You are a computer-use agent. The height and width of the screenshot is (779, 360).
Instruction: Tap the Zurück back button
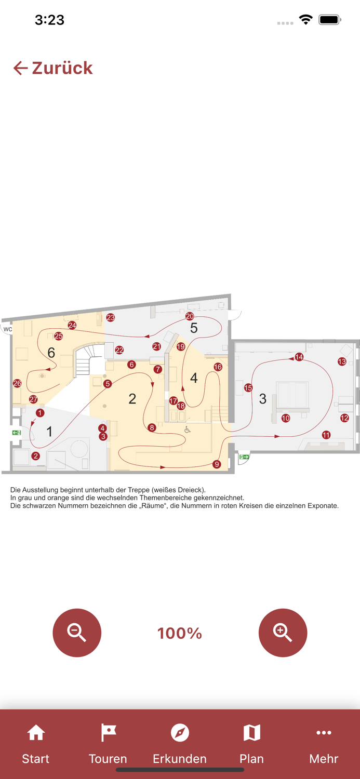pos(53,68)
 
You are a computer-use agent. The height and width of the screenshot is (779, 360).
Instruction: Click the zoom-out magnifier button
pos(77,633)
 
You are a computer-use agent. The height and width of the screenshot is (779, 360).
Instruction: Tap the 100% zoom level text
pos(180,633)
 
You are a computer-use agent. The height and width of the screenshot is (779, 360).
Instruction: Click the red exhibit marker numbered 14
pos(299,357)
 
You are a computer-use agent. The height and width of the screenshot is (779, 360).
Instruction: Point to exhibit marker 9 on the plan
pos(217,464)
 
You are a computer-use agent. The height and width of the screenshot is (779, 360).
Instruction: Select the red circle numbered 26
pos(17,383)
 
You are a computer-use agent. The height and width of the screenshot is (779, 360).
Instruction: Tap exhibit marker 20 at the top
pos(190,316)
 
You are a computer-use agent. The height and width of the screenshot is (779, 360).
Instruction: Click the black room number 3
pos(263,399)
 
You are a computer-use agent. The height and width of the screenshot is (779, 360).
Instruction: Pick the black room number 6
pos(51,353)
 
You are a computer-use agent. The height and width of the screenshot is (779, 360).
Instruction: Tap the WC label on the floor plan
pos(8,329)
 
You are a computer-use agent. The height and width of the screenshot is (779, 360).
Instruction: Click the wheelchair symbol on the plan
pos(188,429)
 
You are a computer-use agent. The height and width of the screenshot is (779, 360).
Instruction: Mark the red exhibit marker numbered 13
pos(342,361)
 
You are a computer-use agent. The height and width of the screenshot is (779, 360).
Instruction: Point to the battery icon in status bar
pos(329,20)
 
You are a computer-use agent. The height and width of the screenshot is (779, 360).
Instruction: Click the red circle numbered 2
pos(35,456)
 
